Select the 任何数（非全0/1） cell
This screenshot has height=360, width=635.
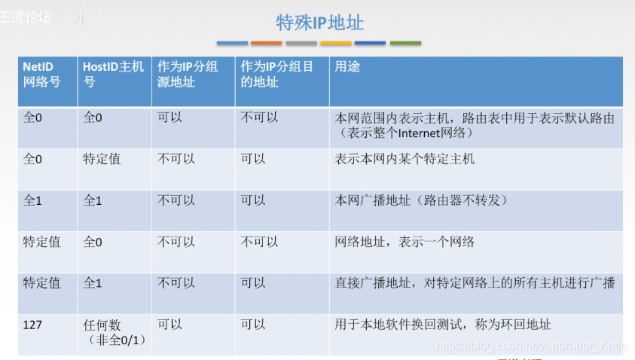point(112,332)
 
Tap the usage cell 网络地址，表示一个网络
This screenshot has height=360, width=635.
point(405,242)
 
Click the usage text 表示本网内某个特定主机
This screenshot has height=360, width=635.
point(405,159)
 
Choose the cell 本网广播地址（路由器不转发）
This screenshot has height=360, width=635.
point(421,200)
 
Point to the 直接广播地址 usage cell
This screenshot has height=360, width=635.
point(475,283)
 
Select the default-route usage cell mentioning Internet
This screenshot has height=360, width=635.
point(475,125)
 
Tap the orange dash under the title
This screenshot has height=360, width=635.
point(266,43)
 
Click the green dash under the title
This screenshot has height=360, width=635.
point(405,43)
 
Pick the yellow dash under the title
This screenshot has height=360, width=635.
point(336,43)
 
